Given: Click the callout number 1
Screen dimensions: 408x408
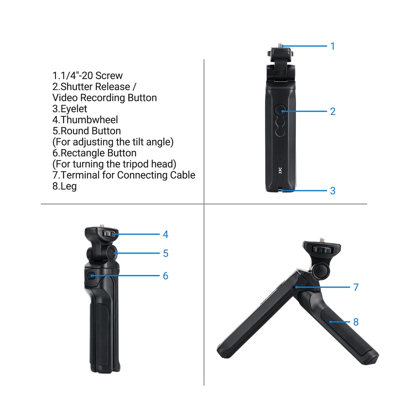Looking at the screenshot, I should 333,46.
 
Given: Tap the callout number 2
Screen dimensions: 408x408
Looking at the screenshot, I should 333,112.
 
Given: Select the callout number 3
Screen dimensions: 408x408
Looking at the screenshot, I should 333,191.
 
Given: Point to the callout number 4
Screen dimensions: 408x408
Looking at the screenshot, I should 165,234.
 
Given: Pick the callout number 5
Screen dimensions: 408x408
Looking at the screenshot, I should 165,253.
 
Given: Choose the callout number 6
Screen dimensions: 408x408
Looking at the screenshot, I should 165,276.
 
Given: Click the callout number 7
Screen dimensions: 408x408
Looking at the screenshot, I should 356,287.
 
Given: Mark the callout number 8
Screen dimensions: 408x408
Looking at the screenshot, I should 356,322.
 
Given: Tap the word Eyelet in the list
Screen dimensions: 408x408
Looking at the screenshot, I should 74,109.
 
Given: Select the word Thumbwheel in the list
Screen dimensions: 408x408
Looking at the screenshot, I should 90,120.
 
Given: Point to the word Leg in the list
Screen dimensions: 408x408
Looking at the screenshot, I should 69,186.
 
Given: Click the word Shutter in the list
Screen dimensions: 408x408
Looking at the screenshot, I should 78,87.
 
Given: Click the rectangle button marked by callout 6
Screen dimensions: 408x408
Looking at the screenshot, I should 91,275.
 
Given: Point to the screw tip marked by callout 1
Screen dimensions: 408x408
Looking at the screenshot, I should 282,46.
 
